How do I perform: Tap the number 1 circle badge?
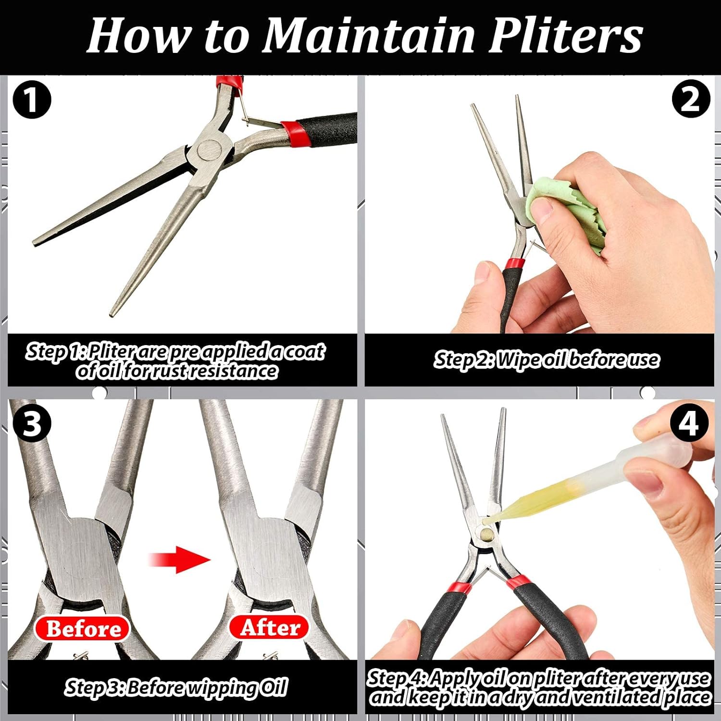32,100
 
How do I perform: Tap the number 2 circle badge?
690,99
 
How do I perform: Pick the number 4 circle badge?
689,423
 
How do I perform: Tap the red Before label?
83,628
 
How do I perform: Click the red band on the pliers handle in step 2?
515,263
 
